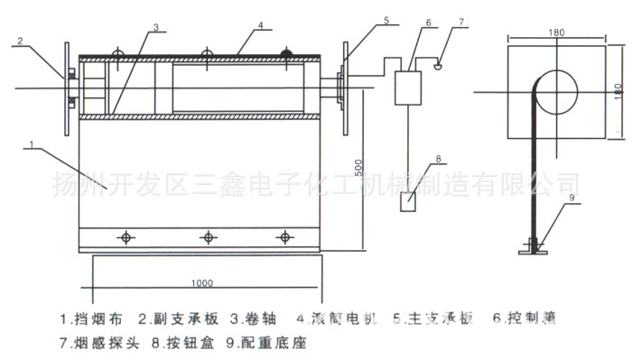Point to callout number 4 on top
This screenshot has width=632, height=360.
tap(259, 27)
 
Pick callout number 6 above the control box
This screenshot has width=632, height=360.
tap(428, 23)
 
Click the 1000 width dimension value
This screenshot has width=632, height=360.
tap(201, 282)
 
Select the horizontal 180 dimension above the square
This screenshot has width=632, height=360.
tap(556, 33)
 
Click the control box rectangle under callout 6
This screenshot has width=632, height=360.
tap(412, 87)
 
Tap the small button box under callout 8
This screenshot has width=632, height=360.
tap(408, 202)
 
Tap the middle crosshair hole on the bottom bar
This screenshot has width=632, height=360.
tap(209, 237)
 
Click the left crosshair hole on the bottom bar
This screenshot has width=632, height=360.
tap(125, 237)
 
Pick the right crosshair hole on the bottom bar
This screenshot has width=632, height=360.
tap(287, 237)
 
